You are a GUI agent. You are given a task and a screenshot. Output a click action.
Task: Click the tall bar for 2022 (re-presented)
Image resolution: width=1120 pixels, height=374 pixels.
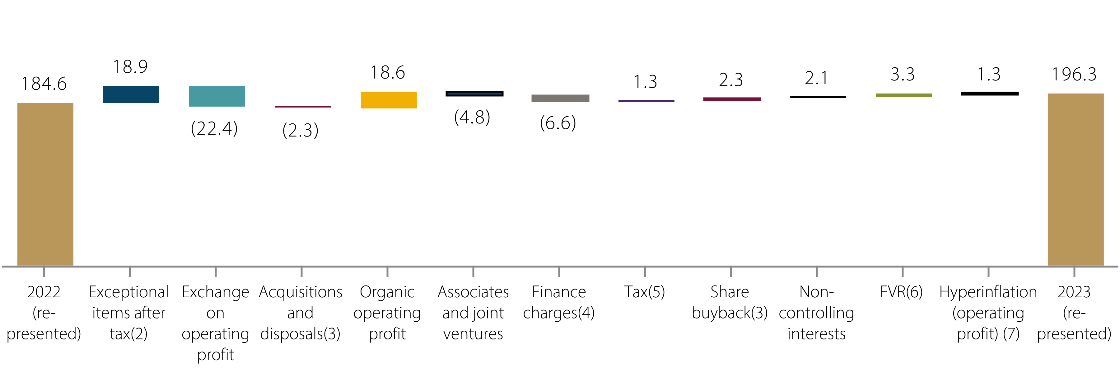[45, 184]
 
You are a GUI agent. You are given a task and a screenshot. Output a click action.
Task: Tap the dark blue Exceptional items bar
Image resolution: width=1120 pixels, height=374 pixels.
[131, 94]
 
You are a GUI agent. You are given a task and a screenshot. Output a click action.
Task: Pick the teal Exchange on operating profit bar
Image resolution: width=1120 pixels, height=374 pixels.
[217, 96]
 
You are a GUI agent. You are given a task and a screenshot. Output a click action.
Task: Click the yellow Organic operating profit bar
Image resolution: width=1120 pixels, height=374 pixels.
[389, 100]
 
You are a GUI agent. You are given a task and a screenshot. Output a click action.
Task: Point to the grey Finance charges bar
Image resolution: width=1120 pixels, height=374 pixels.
[560, 98]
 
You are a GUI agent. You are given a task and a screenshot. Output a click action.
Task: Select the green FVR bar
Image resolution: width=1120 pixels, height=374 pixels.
[903, 95]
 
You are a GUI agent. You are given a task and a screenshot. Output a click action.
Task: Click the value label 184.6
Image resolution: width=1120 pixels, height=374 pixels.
[44, 84]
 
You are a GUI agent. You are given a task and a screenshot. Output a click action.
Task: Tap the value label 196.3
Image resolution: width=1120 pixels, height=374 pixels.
[1074, 74]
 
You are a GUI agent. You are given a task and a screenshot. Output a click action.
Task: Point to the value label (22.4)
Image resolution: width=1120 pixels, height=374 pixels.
[214, 128]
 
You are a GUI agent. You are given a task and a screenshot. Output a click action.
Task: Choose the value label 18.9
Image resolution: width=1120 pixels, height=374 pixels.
[130, 67]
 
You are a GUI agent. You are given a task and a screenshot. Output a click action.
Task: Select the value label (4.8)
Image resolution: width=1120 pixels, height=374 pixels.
[472, 117]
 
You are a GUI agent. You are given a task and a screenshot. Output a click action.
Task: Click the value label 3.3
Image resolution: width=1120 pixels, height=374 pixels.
[903, 74]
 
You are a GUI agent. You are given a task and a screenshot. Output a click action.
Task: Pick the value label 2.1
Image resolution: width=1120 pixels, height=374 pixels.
[816, 78]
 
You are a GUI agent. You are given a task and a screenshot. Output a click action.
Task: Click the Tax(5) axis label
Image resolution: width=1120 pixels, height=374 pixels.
[644, 292]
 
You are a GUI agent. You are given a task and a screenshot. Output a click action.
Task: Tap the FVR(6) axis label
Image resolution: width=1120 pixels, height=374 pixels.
[901, 292]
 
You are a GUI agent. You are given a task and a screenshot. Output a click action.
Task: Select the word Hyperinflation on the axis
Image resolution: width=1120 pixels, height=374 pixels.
[988, 292]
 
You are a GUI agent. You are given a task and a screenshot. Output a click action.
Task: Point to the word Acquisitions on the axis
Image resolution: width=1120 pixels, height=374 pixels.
[301, 292]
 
